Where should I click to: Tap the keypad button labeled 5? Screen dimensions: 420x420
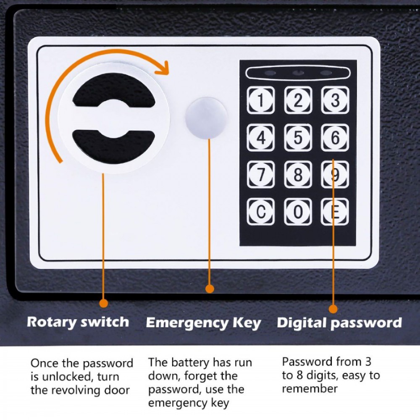pyautogui.click(x=298, y=137)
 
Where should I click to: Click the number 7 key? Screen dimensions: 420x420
pyautogui.click(x=261, y=174)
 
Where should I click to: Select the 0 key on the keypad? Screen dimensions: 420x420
pyautogui.click(x=298, y=212)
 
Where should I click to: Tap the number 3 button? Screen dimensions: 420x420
pyautogui.click(x=335, y=100)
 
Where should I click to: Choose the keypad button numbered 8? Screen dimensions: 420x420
pyautogui.click(x=298, y=174)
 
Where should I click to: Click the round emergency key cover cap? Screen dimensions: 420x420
pyautogui.click(x=206, y=118)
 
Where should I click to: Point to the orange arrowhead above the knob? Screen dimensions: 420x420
pyautogui.click(x=162, y=67)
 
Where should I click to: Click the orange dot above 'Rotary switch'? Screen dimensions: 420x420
pyautogui.click(x=103, y=303)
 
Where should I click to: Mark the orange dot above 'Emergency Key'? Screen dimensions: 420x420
pyautogui.click(x=210, y=289)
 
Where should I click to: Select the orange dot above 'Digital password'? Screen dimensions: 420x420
pyautogui.click(x=333, y=309)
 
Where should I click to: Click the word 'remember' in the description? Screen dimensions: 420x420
pyautogui.click(x=310, y=388)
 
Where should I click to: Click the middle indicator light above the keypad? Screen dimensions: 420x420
pyautogui.click(x=298, y=73)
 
